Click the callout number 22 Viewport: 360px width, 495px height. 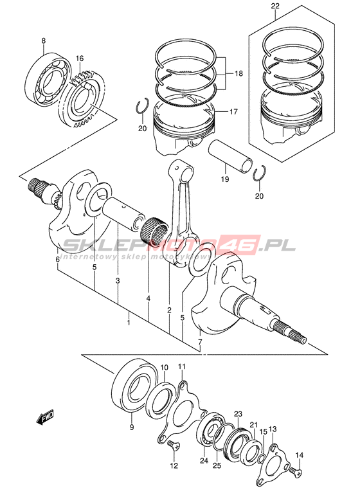pyautogui.click(x=275, y=6)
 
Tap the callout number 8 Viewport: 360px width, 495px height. pyautogui.click(x=43, y=40)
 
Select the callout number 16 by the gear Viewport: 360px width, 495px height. pyautogui.click(x=80, y=59)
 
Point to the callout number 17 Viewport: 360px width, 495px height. pyautogui.click(x=234, y=111)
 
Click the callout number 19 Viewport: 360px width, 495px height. pyautogui.click(x=225, y=179)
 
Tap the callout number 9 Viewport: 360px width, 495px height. pyautogui.click(x=132, y=428)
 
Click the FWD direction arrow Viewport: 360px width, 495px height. pyautogui.click(x=45, y=417)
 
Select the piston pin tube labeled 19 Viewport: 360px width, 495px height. pyautogui.click(x=230, y=157)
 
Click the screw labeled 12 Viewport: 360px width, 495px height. pyautogui.click(x=174, y=446)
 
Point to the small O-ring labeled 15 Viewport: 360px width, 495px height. pyautogui.click(x=262, y=458)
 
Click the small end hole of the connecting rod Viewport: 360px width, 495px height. pyautogui.click(x=186, y=172)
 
